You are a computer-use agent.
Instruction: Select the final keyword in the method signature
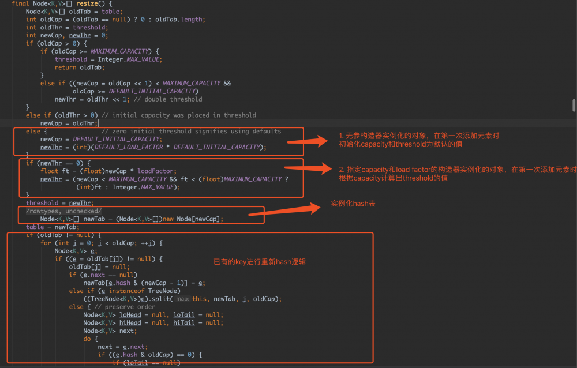click(20, 3)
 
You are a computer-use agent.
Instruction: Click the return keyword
click(65, 67)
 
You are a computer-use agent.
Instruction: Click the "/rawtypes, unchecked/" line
click(63, 211)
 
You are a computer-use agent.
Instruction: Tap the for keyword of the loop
click(46, 243)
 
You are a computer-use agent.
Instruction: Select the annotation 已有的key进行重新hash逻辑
click(259, 262)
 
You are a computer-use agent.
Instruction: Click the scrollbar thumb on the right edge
click(574, 104)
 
